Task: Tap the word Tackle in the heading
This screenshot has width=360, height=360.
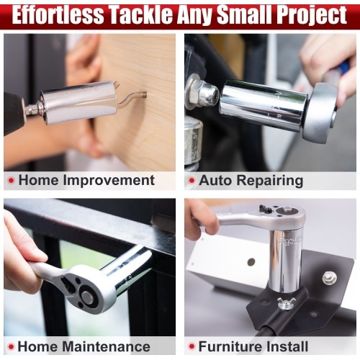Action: coord(139,15)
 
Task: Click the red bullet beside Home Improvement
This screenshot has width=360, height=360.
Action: coord(11,180)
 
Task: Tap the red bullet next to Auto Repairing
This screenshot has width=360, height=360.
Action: coord(192,180)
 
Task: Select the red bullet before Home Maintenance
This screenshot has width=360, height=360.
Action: coord(11,346)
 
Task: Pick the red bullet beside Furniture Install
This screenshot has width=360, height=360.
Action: coord(192,346)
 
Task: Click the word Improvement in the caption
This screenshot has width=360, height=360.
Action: coord(109,181)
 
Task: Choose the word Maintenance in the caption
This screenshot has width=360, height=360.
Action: coord(106,347)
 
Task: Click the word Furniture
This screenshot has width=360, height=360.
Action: coord(228,347)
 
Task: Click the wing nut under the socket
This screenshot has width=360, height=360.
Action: coord(287,303)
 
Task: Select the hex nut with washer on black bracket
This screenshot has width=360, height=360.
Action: coord(329,277)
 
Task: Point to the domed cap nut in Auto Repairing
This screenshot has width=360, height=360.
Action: coord(208,94)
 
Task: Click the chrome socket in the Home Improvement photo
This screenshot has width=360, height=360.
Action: coord(78,102)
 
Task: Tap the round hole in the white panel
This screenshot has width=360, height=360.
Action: coord(251,261)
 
